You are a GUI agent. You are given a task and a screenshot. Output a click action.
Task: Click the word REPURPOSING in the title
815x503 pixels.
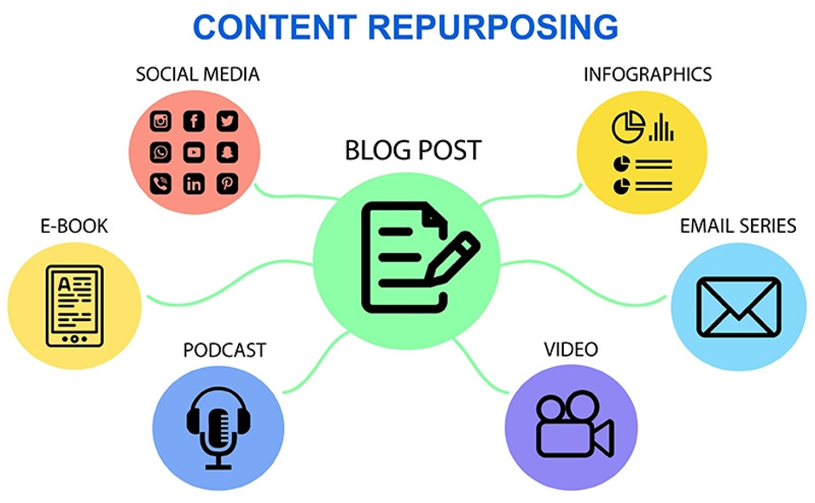pyautogui.click(x=494, y=27)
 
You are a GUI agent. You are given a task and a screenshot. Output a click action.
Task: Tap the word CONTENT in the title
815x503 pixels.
pyautogui.click(x=275, y=27)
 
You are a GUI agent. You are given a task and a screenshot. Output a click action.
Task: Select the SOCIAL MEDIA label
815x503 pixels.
pyautogui.click(x=197, y=74)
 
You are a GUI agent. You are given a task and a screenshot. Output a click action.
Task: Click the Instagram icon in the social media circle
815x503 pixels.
pyautogui.click(x=161, y=121)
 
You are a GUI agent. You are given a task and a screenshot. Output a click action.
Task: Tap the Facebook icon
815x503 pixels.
pyautogui.click(x=194, y=121)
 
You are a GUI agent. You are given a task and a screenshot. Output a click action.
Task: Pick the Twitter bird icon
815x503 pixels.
pyautogui.click(x=227, y=121)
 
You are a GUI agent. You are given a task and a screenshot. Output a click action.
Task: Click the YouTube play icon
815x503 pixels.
pyautogui.click(x=194, y=152)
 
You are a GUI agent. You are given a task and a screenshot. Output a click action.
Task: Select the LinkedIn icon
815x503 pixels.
pyautogui.click(x=194, y=184)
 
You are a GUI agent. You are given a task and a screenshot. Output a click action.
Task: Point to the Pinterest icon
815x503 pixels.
pyautogui.click(x=227, y=184)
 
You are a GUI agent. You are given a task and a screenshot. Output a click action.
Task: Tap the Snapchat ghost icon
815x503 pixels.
pyautogui.click(x=227, y=152)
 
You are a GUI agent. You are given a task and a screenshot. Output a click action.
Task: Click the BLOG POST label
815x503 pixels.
pyautogui.click(x=413, y=151)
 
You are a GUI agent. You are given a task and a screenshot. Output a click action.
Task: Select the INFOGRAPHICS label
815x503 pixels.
pyautogui.click(x=648, y=74)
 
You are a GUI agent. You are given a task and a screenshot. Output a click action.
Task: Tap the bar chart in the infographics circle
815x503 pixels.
pyautogui.click(x=662, y=128)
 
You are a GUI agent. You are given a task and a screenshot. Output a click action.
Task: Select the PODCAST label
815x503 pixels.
pyautogui.click(x=224, y=351)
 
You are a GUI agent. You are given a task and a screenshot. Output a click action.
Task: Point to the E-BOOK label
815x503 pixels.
pyautogui.click(x=74, y=227)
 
